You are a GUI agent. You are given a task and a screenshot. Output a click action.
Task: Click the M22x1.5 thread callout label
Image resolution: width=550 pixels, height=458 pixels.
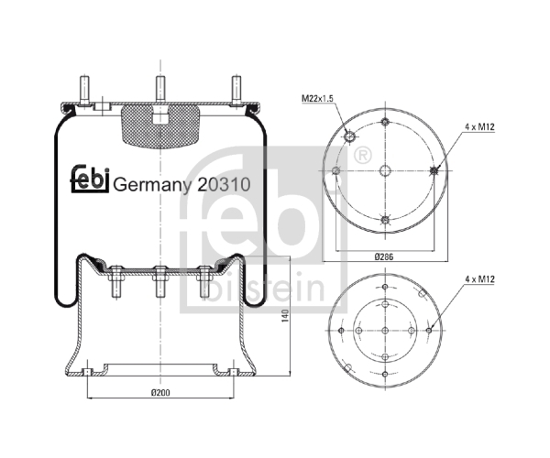317,98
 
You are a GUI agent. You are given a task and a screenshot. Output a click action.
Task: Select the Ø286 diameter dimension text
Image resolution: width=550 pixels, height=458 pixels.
384,256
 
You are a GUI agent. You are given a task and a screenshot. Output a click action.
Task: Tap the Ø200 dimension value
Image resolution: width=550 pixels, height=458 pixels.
160,393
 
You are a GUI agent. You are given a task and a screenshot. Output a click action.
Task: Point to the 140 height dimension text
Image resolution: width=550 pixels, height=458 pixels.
285,316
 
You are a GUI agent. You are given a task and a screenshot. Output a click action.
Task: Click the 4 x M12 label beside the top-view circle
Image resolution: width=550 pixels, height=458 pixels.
479,126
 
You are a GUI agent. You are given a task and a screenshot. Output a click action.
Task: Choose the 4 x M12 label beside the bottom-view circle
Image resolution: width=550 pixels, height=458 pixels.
479,279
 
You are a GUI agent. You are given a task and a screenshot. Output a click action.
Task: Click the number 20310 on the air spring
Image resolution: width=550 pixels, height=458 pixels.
224,184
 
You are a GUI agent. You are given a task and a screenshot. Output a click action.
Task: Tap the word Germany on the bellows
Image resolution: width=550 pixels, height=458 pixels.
152,185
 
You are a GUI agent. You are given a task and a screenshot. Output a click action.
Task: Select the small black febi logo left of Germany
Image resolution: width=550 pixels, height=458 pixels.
90,179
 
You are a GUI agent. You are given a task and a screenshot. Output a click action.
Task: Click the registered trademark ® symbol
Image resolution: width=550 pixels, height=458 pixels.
362,155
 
